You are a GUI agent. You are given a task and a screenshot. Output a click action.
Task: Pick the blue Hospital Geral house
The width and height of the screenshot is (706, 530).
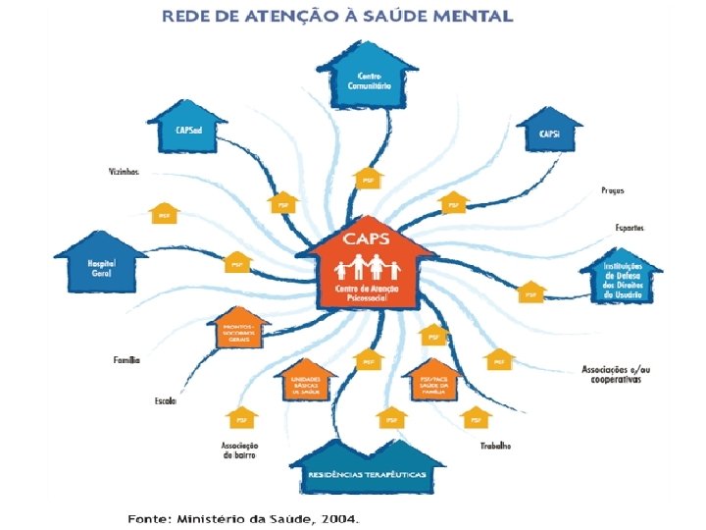point(101,265)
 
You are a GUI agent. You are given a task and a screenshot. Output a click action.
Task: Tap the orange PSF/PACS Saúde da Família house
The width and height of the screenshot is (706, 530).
point(433,383)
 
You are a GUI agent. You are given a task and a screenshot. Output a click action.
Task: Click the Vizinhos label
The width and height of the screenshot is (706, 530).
point(124,172)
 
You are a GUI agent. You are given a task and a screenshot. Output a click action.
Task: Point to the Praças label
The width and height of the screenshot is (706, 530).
point(612,190)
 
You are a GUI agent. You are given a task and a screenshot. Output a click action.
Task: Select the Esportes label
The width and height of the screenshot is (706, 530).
point(630,227)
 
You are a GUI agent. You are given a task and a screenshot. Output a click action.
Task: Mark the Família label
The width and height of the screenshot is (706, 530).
point(126,360)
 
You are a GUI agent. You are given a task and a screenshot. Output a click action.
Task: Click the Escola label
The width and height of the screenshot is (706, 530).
point(165,400)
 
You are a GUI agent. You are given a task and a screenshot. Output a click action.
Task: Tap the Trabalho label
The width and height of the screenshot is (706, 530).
point(495,446)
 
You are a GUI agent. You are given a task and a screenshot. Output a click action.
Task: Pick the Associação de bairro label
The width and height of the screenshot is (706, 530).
point(239,450)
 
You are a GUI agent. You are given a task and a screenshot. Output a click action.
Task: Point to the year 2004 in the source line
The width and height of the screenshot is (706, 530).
point(338,517)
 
